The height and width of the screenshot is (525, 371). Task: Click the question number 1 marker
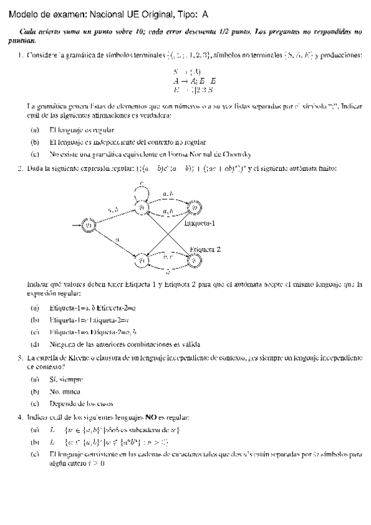pos(20,56)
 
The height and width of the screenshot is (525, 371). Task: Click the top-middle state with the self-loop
pos(142,207)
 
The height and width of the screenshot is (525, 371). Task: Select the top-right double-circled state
pos(194,207)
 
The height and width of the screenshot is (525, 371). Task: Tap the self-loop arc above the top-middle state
pos(142,187)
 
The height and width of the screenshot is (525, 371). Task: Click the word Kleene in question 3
pos(75,357)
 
